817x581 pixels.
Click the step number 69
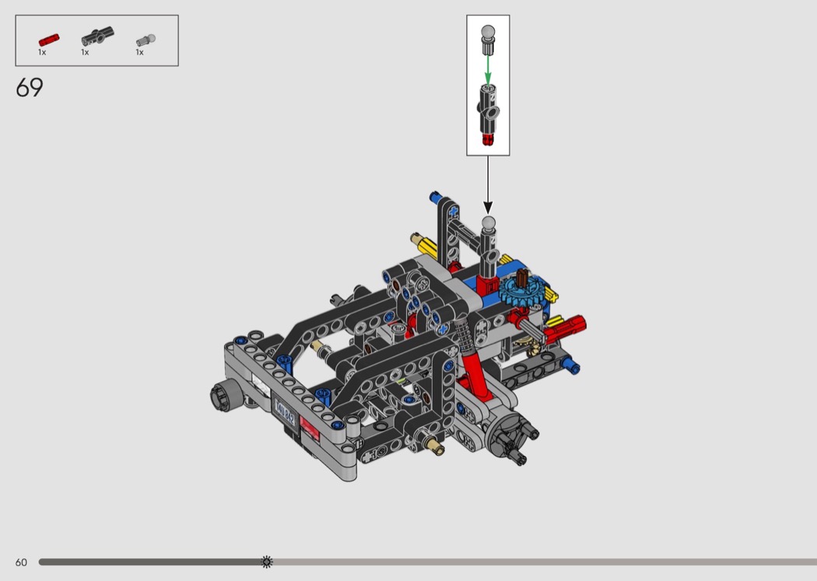pos(30,87)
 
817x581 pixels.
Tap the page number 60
pos(21,562)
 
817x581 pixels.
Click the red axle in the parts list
pos(49,40)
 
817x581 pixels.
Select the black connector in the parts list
pos(97,36)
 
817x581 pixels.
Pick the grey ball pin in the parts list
pos(146,40)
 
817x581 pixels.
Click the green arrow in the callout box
pos(488,69)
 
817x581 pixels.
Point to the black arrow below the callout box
pos(488,185)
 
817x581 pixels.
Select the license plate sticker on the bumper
pos(285,412)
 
